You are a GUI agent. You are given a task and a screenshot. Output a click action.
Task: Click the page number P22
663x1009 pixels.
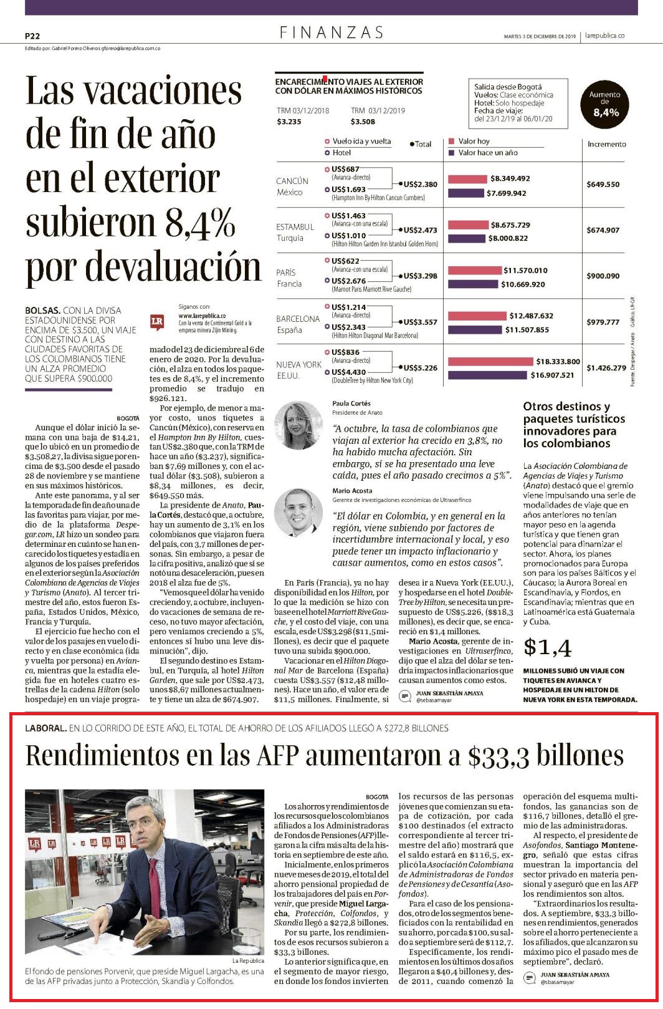[32, 36]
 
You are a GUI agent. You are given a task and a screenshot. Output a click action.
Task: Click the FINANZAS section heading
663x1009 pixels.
[331, 32]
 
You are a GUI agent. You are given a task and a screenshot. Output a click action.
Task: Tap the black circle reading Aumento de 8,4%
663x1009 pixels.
[604, 105]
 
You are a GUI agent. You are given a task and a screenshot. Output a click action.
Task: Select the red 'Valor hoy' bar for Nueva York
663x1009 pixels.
[490, 361]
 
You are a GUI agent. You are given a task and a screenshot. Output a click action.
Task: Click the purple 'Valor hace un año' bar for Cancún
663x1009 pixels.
[466, 193]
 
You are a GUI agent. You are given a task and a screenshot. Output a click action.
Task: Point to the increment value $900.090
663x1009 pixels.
[603, 276]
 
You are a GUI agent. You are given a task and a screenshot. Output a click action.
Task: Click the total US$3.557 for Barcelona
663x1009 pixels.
[421, 322]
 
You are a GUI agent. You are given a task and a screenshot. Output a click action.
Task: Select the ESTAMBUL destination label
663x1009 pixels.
[295, 227]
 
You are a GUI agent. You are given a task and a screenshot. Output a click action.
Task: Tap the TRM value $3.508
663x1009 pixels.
[363, 122]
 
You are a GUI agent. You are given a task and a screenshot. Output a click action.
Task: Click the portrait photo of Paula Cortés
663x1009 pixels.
[298, 425]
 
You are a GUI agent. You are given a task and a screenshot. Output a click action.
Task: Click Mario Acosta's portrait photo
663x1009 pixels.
[298, 513]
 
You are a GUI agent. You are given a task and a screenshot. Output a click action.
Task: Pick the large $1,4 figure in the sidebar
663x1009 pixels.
[547, 648]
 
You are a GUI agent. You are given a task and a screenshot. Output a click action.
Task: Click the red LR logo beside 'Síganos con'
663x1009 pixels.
[156, 322]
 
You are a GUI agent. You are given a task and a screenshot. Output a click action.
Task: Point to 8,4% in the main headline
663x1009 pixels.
[200, 223]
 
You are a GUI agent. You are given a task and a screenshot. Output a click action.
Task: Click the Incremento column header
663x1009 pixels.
[607, 144]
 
